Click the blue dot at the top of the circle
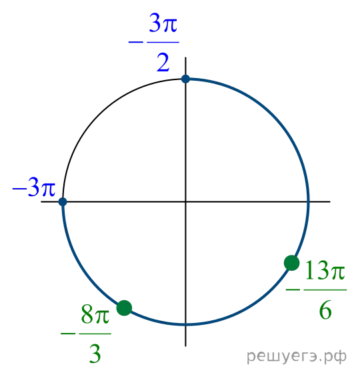(185, 79)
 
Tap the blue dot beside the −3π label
(63, 202)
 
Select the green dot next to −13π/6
(292, 263)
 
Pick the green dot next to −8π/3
(124, 308)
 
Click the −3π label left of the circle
(34, 187)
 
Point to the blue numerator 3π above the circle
(163, 23)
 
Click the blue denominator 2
(163, 63)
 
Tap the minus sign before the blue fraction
(136, 42)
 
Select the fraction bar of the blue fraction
(163, 42)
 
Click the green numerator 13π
(325, 270)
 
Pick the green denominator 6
(325, 310)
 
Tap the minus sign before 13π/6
(293, 290)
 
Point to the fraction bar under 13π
(325, 290)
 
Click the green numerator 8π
(95, 314)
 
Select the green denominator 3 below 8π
(95, 354)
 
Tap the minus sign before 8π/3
(68, 334)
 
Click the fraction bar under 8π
(95, 334)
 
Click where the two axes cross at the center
(185, 202)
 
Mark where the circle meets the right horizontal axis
(309, 202)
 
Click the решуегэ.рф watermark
(297, 356)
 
